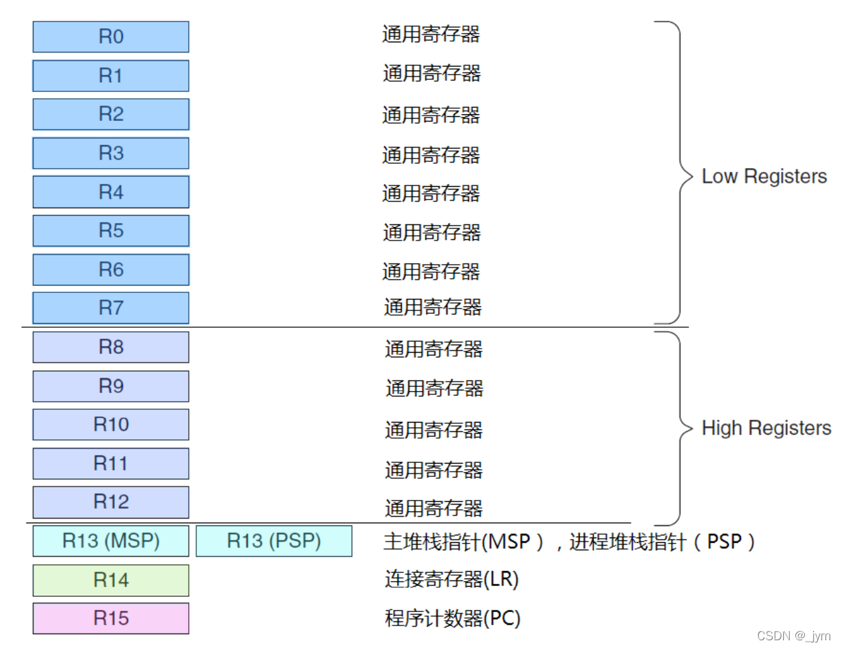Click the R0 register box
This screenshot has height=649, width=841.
pos(111,37)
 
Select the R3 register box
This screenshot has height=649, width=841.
pos(111,153)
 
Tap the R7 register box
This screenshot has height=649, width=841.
pos(111,308)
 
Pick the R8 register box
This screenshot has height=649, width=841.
pos(111,347)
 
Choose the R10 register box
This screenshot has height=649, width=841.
pos(111,425)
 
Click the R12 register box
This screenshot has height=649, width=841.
pos(111,502)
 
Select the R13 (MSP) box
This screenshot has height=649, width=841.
pos(111,541)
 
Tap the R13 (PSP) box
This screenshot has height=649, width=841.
pos(274,541)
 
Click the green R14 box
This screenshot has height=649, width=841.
pos(111,580)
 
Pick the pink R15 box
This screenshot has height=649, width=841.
pos(111,618)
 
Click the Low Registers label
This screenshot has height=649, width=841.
pos(764,177)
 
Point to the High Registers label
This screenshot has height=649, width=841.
pos(766,428)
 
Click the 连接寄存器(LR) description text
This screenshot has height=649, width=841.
pos(451,579)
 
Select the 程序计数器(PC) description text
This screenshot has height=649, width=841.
pos(452,618)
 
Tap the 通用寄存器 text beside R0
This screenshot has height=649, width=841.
pos(431,34)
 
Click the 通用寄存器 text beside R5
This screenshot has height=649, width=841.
pos(431,232)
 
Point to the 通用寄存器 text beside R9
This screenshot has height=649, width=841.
pos(434,388)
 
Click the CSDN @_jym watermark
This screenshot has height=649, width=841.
pos(793,636)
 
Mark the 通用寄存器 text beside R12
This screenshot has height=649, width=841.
pos(433,508)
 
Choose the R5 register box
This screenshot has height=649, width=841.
pos(111,231)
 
